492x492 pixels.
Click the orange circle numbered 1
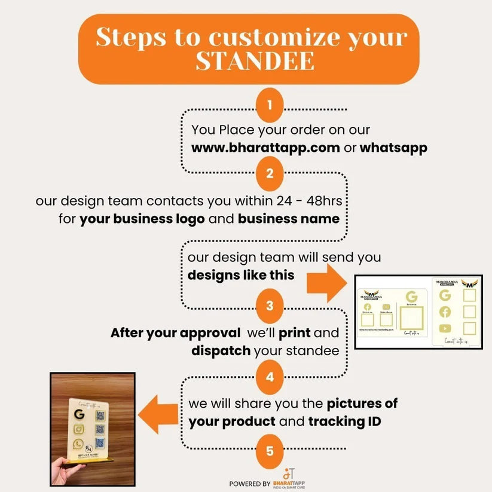[x=270, y=106]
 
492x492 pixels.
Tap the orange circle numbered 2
[x=270, y=174]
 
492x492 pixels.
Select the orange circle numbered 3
[x=270, y=306]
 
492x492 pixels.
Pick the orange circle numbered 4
[x=270, y=377]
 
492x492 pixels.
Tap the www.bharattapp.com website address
[x=265, y=148]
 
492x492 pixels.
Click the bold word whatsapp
[x=393, y=148]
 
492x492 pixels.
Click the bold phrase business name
[x=288, y=218]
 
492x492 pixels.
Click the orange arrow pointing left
[x=158, y=414]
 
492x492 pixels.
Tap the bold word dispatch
[x=221, y=350]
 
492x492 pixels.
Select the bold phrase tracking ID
[x=345, y=421]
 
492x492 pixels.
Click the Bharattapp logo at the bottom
[x=289, y=478]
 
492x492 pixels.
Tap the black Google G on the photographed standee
[x=79, y=414]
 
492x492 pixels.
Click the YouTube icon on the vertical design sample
[x=445, y=328]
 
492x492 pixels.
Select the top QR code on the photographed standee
[x=100, y=415]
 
